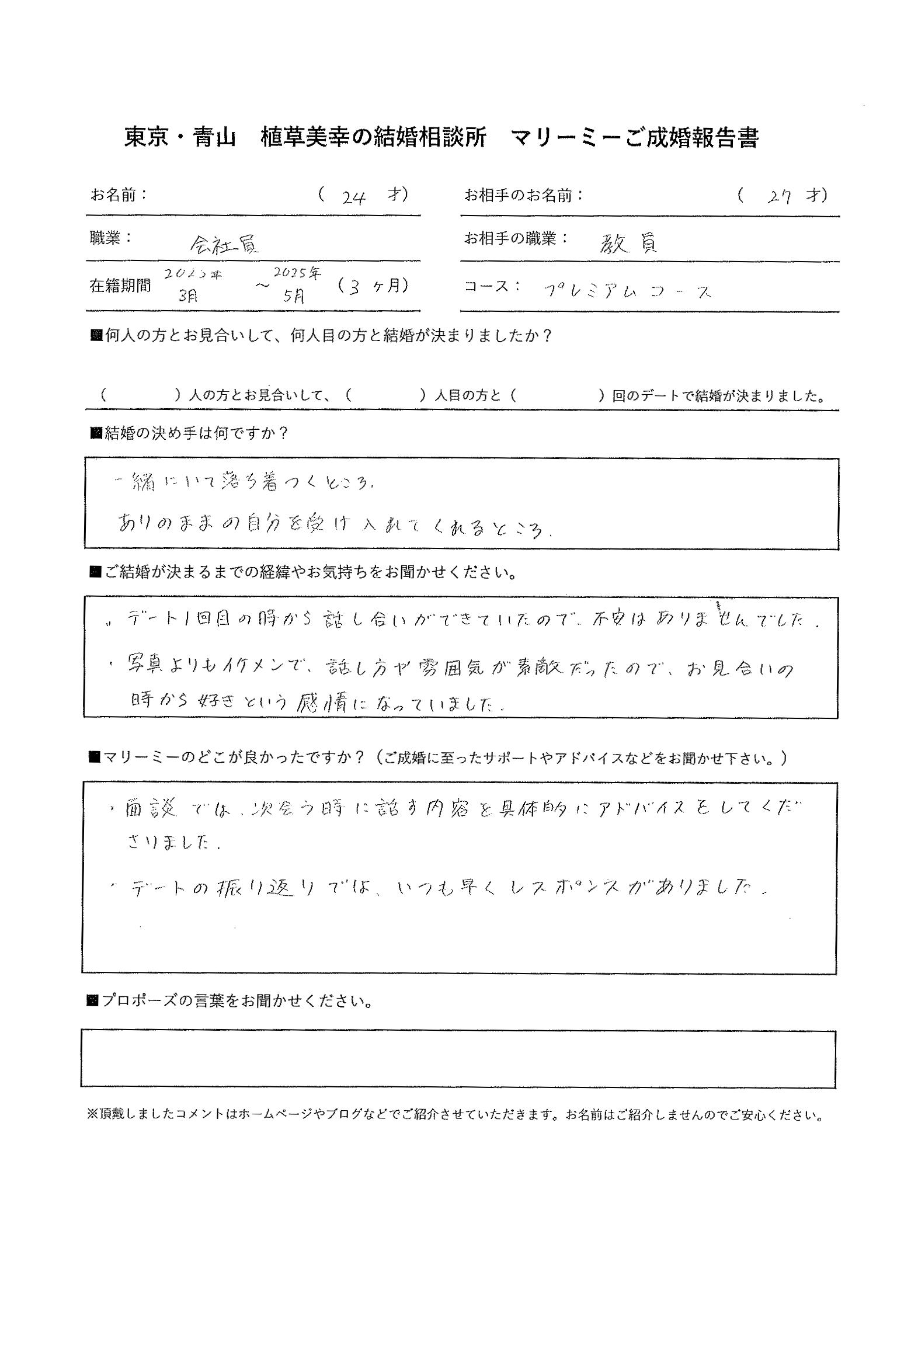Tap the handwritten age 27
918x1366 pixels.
pyautogui.click(x=780, y=197)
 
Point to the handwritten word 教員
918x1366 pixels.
pyautogui.click(x=628, y=243)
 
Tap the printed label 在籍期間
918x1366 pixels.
pyautogui.click(x=120, y=286)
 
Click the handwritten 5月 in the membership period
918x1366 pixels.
pyautogui.click(x=294, y=296)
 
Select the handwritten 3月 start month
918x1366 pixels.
pyautogui.click(x=188, y=295)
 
